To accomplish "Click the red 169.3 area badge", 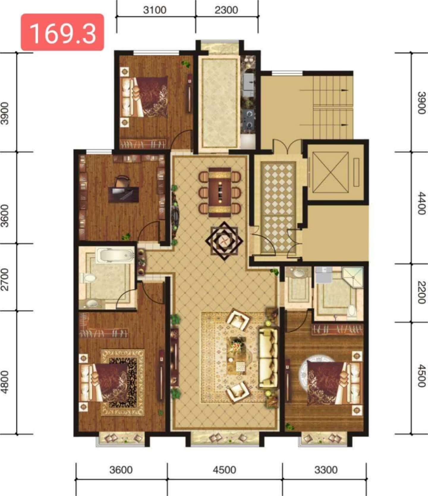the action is tap(62, 32).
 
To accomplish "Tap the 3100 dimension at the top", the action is tap(155, 10).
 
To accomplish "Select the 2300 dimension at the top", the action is tap(226, 10).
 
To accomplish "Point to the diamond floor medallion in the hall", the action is tap(224, 241).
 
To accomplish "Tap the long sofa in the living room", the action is tap(268, 358).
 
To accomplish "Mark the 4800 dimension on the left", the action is tap(5, 382).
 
